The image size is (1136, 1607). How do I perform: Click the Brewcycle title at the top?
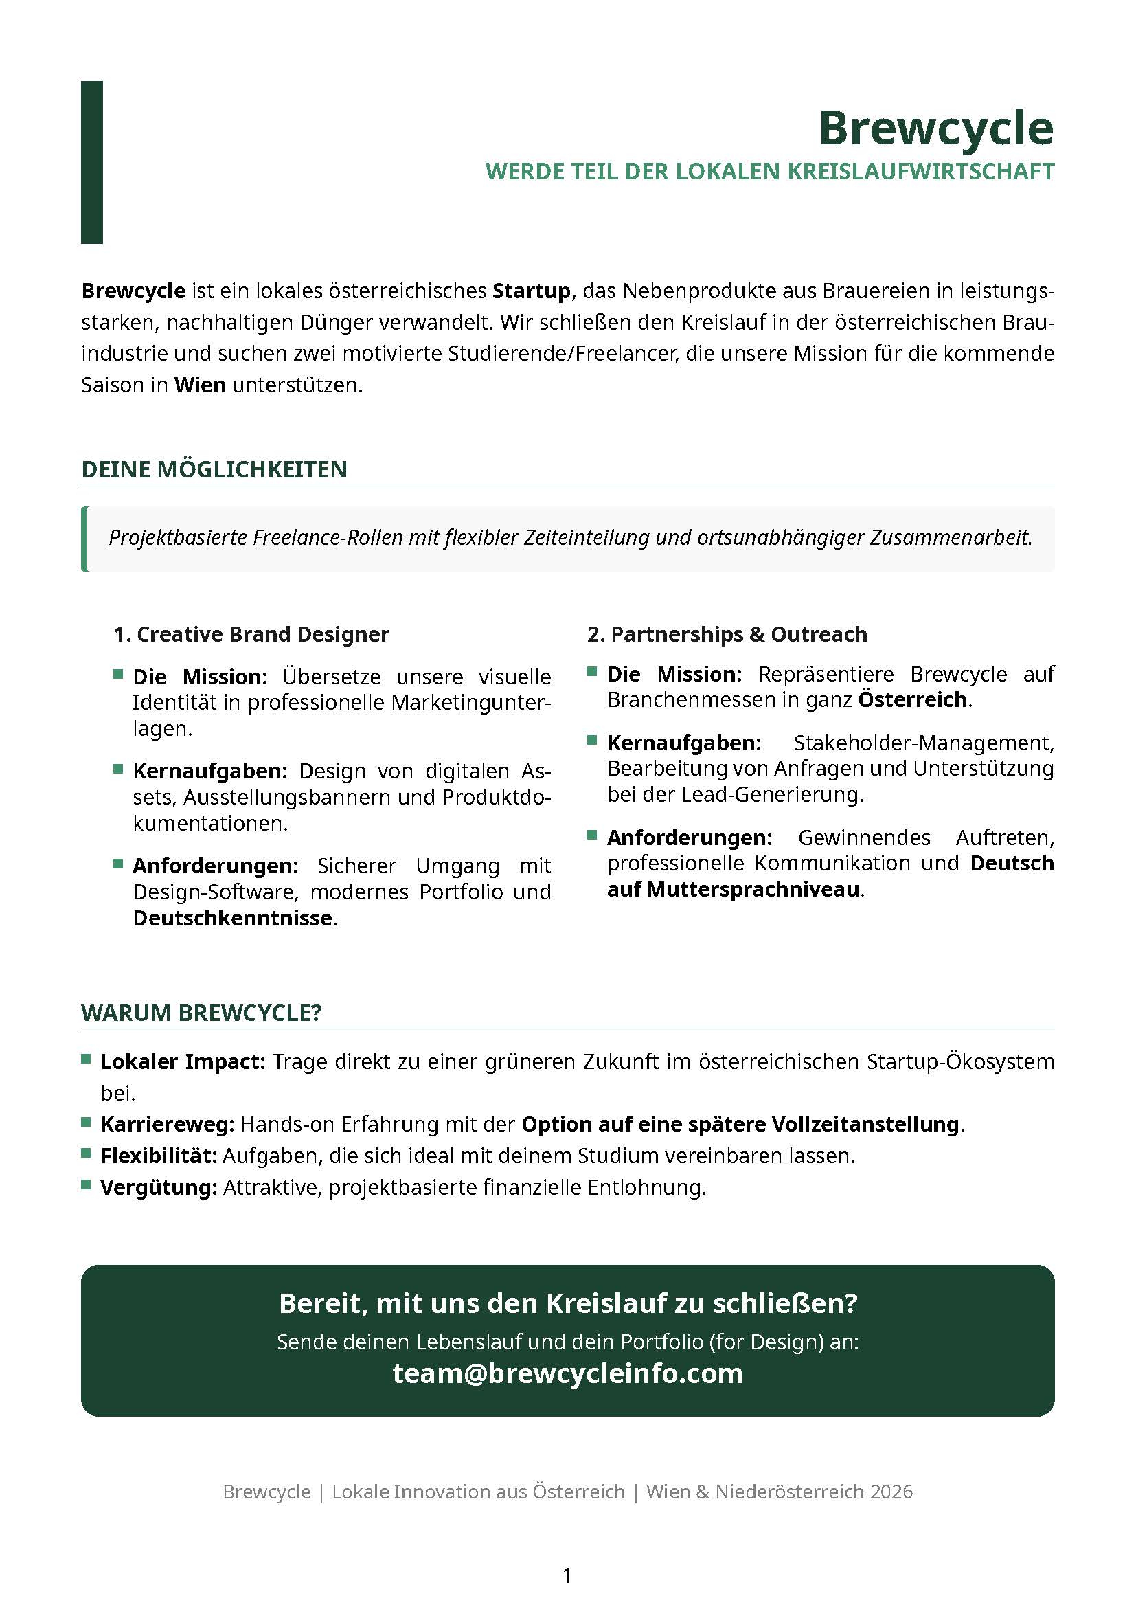[x=935, y=128]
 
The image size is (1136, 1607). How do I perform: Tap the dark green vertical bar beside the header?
[x=91, y=162]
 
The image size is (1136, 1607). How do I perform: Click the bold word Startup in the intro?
[x=531, y=291]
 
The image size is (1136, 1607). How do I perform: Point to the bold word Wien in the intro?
[x=199, y=385]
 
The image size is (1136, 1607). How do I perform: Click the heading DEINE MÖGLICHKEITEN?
[x=214, y=469]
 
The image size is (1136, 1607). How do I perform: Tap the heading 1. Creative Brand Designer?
[x=251, y=634]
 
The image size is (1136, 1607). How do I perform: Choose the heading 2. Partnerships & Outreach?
[x=727, y=634]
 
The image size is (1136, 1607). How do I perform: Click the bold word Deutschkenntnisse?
[x=233, y=918]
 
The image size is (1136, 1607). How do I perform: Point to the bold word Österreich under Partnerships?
[x=913, y=699]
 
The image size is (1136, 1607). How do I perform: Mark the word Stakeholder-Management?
[x=923, y=742]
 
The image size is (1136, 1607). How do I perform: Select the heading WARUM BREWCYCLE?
[x=201, y=1013]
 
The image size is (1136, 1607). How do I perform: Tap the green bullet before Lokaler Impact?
[x=87, y=1059]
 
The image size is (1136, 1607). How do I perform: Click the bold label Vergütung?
[x=159, y=1188]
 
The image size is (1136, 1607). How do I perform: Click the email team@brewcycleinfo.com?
[x=567, y=1374]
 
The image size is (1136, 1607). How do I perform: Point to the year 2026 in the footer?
[x=891, y=1492]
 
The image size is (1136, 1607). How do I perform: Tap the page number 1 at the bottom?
[x=567, y=1575]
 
